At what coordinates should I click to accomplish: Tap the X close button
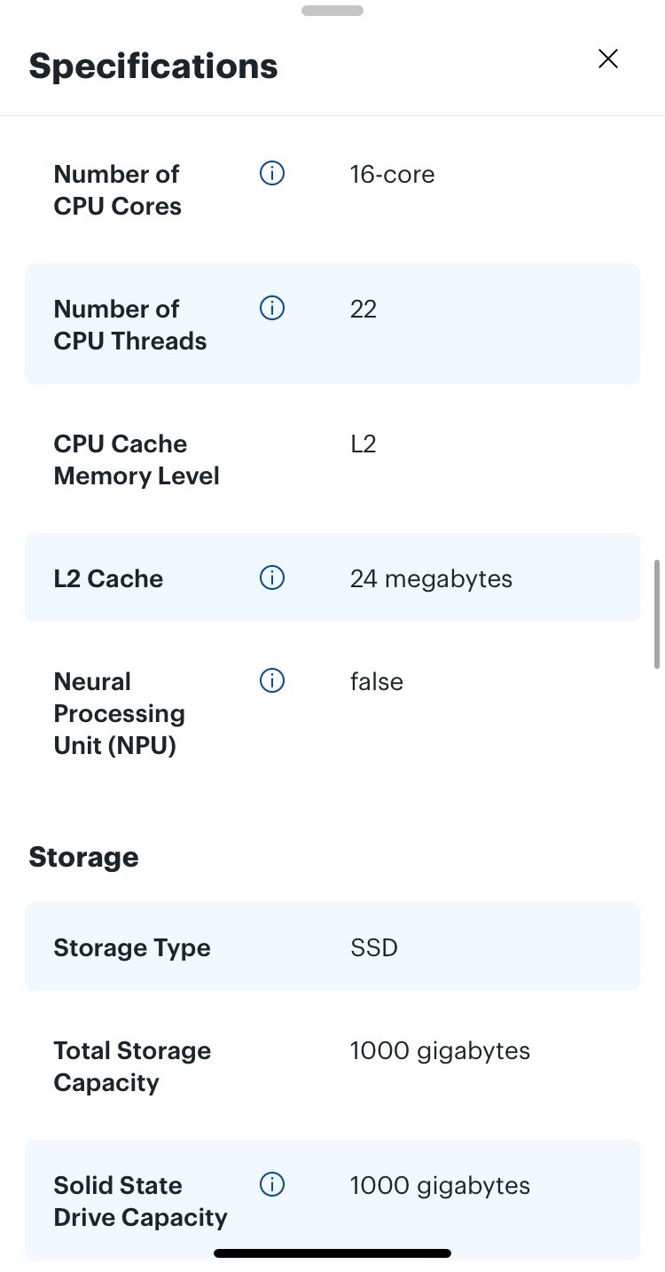pyautogui.click(x=607, y=59)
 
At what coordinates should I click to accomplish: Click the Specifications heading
pyautogui.click(x=153, y=67)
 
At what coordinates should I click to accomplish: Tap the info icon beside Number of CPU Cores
pyautogui.click(x=272, y=173)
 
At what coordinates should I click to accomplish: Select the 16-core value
pyautogui.click(x=392, y=175)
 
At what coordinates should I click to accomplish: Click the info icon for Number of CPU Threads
pyautogui.click(x=272, y=309)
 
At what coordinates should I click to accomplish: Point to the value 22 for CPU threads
pyautogui.click(x=364, y=310)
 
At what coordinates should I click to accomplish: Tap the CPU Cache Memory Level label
pyautogui.click(x=137, y=460)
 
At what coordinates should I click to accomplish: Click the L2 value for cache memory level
pyautogui.click(x=364, y=444)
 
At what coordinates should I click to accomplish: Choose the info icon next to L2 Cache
pyautogui.click(x=272, y=578)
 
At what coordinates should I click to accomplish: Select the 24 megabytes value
pyautogui.click(x=431, y=579)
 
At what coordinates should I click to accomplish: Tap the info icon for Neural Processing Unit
pyautogui.click(x=272, y=680)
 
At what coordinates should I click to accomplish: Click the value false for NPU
pyautogui.click(x=376, y=681)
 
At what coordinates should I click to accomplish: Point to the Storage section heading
pyautogui.click(x=83, y=858)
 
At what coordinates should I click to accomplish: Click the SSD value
pyautogui.click(x=374, y=947)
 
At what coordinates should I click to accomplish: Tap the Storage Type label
pyautogui.click(x=131, y=948)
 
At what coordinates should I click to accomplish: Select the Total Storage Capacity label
pyautogui.click(x=132, y=1067)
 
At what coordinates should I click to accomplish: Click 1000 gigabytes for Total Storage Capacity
pyautogui.click(x=440, y=1051)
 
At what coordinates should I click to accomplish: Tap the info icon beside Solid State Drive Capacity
pyautogui.click(x=272, y=1185)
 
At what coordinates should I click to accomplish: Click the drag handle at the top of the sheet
pyautogui.click(x=332, y=11)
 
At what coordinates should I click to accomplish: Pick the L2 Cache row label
pyautogui.click(x=108, y=579)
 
